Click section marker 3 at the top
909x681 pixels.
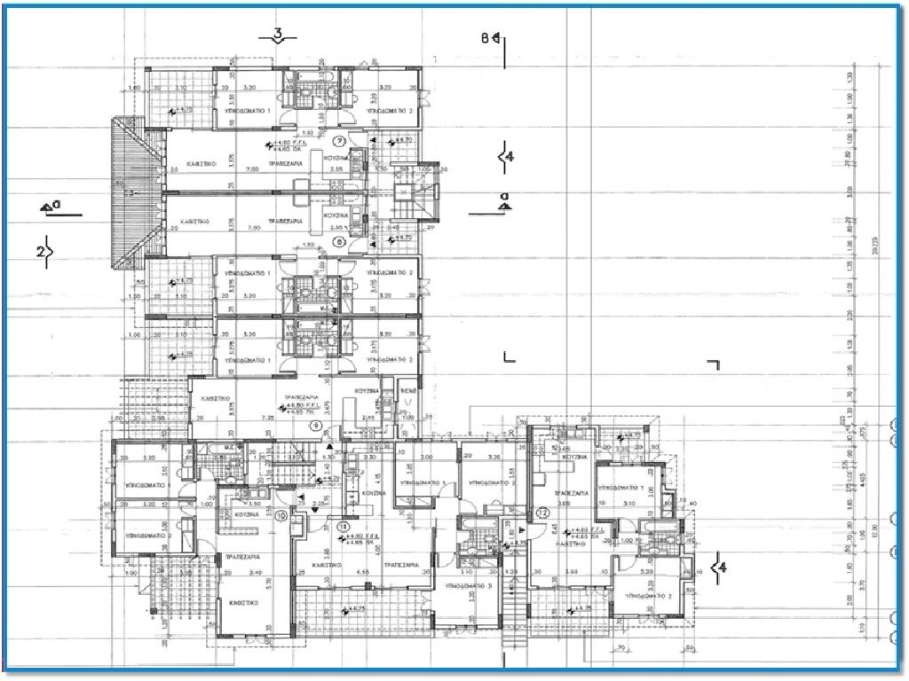279,35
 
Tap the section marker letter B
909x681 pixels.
486,37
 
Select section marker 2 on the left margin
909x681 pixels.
41,252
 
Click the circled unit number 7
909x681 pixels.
338,141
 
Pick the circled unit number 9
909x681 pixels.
315,426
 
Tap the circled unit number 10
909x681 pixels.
281,515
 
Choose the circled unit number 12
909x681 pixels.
543,513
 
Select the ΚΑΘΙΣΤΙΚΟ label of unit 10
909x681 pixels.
242,601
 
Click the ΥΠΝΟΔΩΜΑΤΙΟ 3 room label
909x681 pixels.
470,587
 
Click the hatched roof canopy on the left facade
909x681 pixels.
125,197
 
